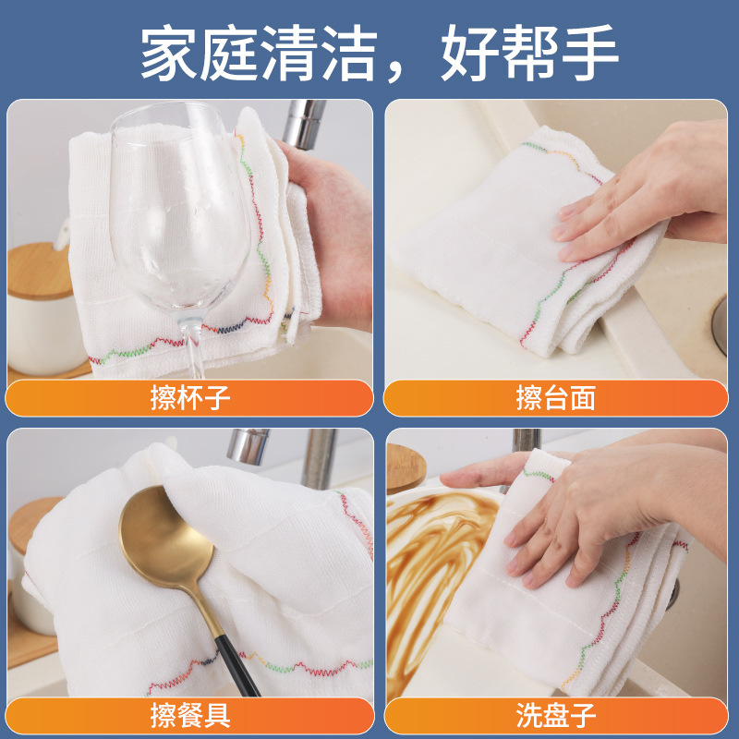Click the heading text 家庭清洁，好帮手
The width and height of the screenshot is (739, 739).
[x=379, y=53]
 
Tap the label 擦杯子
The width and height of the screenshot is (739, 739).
[x=189, y=398]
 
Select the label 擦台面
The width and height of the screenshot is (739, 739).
[x=555, y=398]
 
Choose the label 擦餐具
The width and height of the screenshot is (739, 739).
[x=189, y=714]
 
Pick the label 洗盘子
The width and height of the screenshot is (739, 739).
[x=555, y=714]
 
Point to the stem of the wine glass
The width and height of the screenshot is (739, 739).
[x=193, y=346]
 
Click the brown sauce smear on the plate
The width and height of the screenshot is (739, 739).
[x=434, y=554]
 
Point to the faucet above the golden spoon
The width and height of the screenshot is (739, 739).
[x=249, y=448]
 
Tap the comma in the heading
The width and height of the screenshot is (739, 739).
[x=407, y=69]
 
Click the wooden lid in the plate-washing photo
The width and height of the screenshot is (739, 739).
[x=403, y=466]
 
